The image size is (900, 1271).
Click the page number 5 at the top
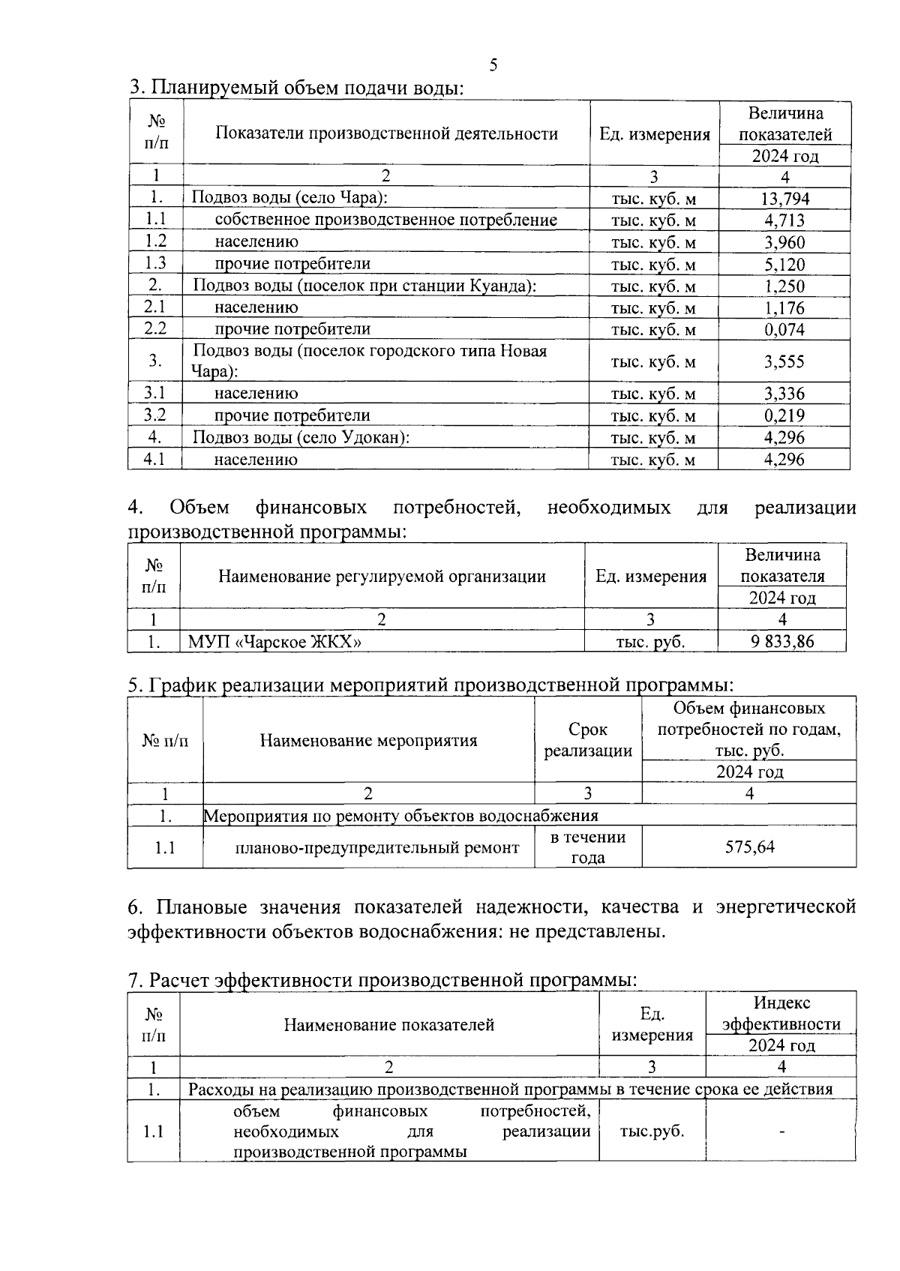[x=493, y=65]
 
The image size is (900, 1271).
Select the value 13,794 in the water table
[x=784, y=199]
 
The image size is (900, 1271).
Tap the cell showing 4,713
[x=784, y=220]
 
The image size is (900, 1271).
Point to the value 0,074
[x=784, y=330]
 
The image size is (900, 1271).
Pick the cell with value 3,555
[x=784, y=362]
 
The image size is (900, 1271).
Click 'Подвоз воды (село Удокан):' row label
[x=301, y=438]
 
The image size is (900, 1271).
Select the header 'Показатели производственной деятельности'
[x=386, y=134]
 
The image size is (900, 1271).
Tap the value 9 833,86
[x=782, y=641]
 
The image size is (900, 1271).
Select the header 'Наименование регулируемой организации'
[x=382, y=577]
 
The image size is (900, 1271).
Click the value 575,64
[x=749, y=847]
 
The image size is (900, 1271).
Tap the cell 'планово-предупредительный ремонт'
[x=376, y=848]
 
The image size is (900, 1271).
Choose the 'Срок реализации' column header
[x=588, y=740]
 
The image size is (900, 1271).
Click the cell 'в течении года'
[x=588, y=847]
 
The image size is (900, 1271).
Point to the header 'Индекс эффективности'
[x=781, y=1014]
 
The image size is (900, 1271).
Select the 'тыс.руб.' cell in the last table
[x=652, y=1132]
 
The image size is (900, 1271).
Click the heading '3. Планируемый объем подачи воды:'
[x=297, y=88]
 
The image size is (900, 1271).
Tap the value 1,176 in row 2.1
[x=784, y=308]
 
